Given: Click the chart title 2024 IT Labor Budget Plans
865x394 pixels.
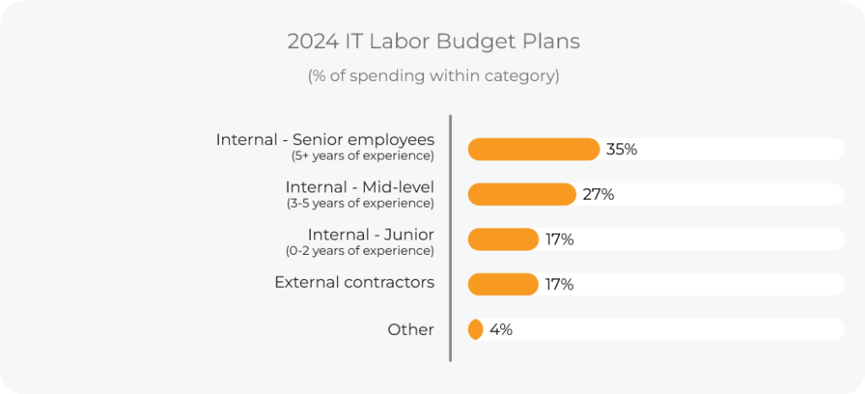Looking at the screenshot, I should (432, 41).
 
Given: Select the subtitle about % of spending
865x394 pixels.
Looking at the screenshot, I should (432, 75).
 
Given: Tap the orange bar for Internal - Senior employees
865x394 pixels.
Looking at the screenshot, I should (533, 149).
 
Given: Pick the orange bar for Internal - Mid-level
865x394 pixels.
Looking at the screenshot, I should (521, 194).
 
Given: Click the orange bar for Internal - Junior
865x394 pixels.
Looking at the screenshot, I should (503, 240).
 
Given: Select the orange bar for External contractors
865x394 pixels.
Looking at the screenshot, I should (503, 284).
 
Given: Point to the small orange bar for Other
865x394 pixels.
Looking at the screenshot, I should (476, 329).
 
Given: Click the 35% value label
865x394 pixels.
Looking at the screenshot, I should (621, 149).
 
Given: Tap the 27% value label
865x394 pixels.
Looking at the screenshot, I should (598, 194).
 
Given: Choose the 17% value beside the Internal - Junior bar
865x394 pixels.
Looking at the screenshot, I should (559, 240).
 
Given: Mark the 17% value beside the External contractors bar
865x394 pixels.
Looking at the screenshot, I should (559, 284).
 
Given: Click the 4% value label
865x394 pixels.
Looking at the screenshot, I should (501, 329).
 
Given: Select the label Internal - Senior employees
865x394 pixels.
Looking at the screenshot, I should (325, 139).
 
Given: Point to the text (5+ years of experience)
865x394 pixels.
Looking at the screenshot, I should (362, 156).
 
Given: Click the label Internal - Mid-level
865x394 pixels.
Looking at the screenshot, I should (360, 186).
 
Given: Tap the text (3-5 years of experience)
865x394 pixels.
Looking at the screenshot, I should (361, 203).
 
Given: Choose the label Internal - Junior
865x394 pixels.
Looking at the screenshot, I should (371, 234).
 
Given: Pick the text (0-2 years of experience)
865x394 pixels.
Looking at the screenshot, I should (361, 251).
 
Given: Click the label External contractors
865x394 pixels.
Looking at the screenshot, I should (354, 282).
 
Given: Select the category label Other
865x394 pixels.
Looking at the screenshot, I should (411, 329).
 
